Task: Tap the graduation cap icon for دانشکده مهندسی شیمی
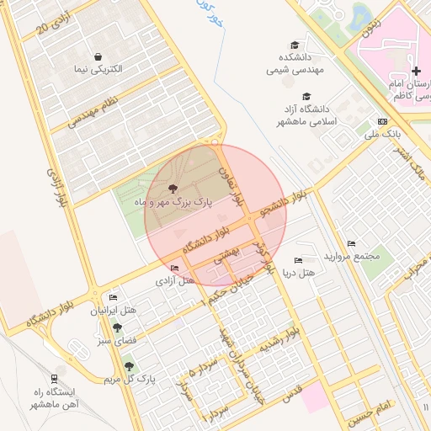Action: coord(294,45)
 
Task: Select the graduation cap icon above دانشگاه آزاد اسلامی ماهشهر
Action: coord(307,96)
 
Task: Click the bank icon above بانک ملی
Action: coord(382,121)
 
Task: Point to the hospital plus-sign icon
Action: coord(415,71)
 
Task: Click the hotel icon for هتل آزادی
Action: coord(174,269)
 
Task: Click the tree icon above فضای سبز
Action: coord(103,327)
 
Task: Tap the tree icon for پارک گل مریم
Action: coord(128,365)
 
